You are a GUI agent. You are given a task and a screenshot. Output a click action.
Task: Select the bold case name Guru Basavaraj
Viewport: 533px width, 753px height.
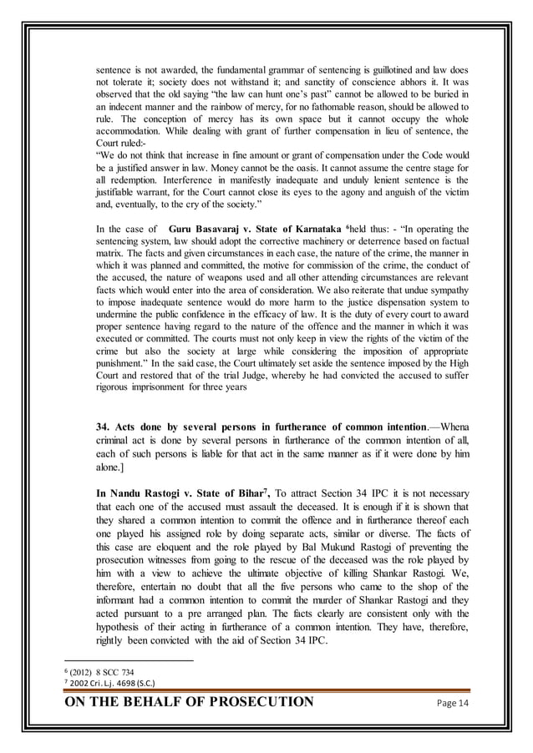click(x=207, y=228)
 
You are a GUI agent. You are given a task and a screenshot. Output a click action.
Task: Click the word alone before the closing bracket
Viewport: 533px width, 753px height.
click(x=110, y=470)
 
